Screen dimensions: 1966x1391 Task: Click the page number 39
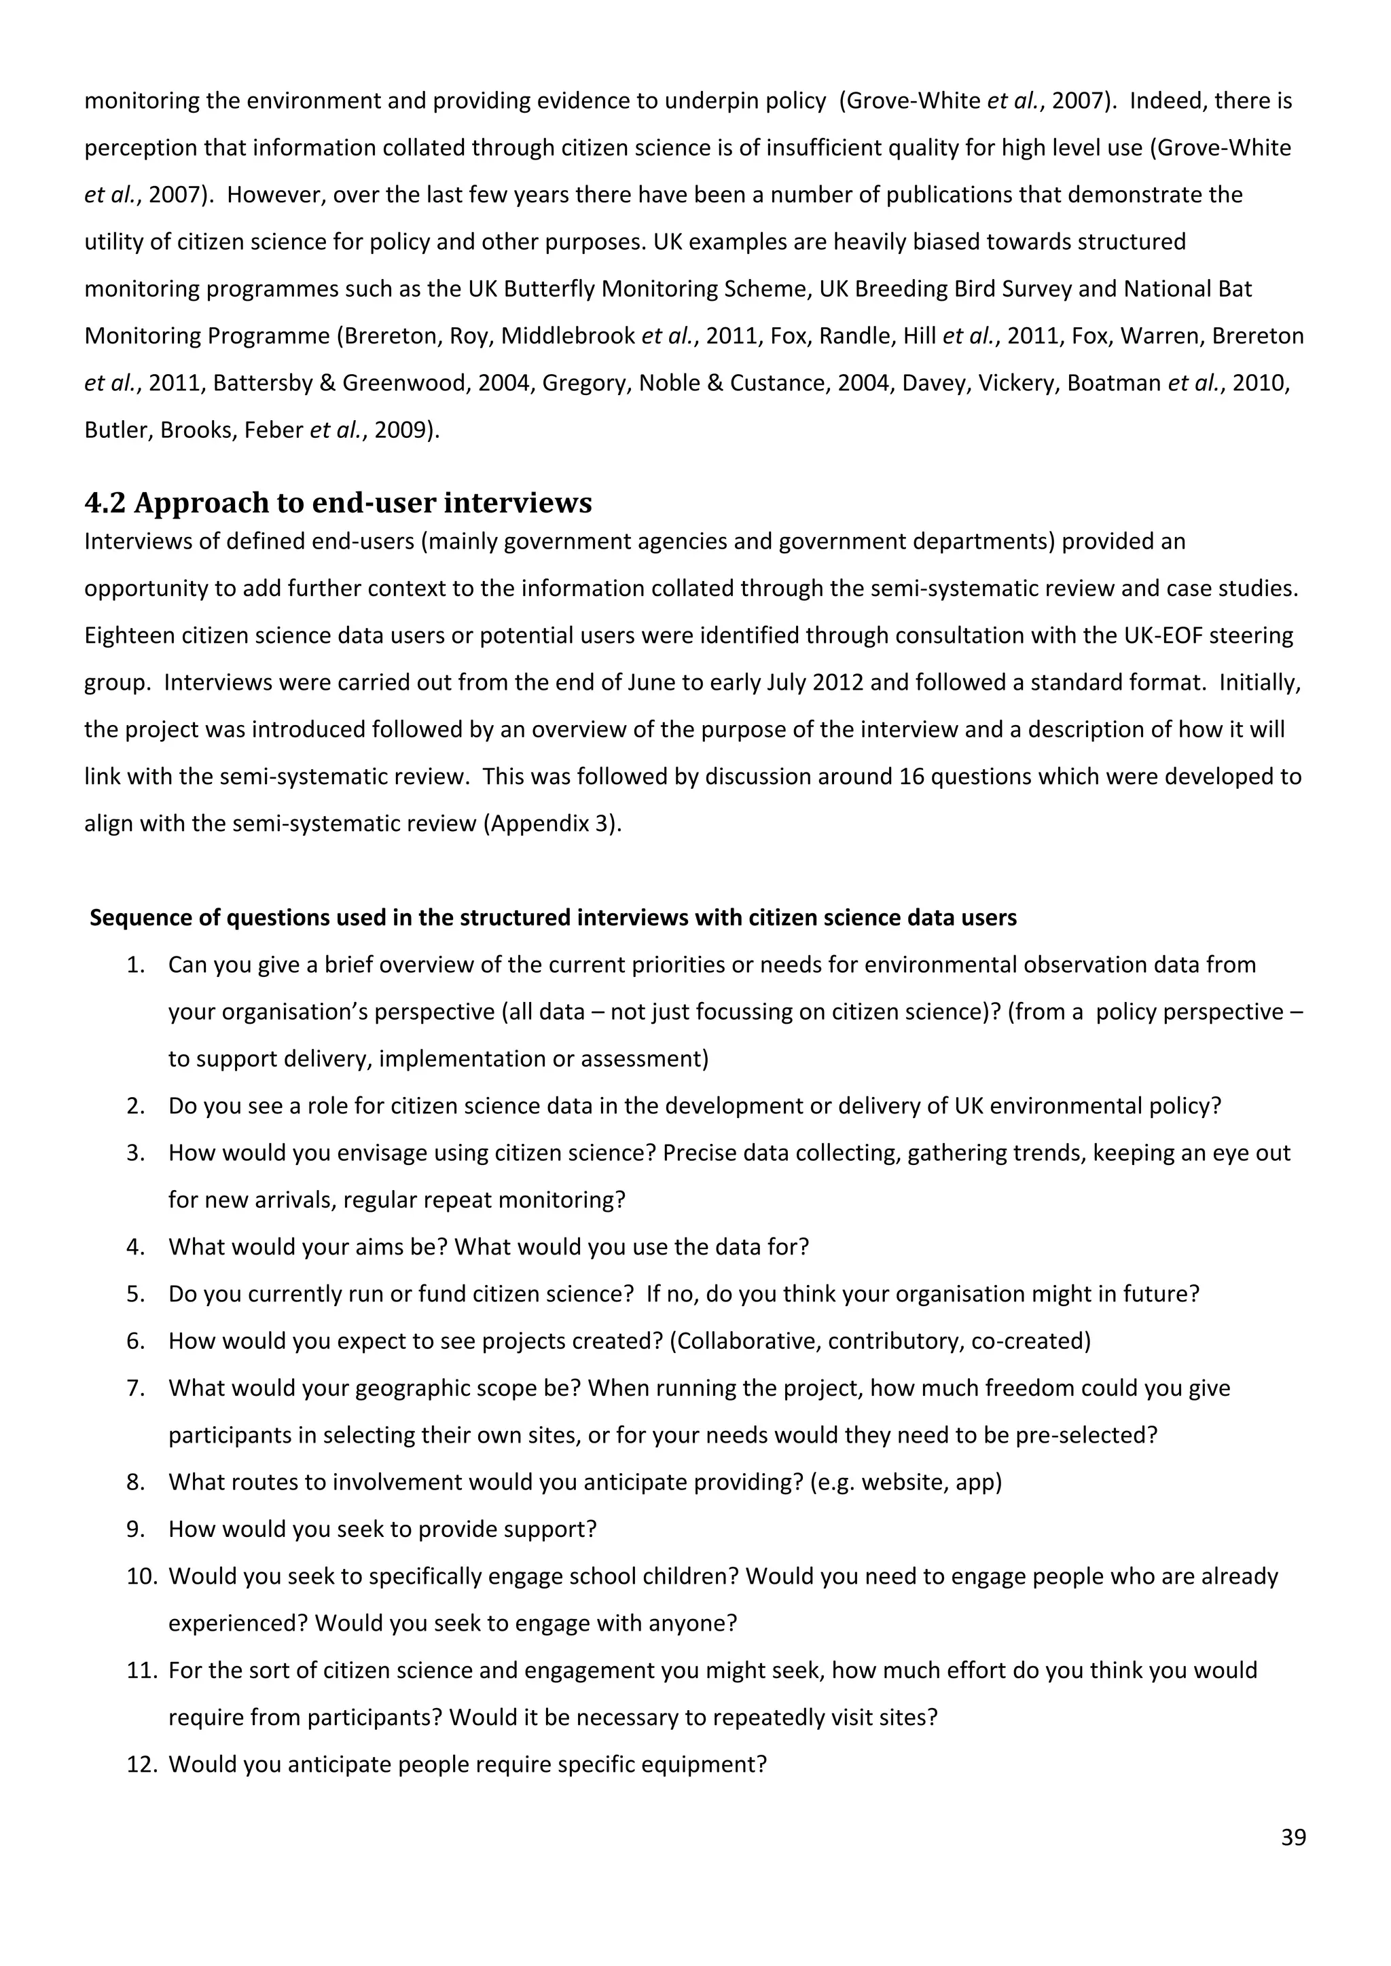pos(1293,1838)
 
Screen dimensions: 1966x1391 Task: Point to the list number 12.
pos(142,1764)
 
